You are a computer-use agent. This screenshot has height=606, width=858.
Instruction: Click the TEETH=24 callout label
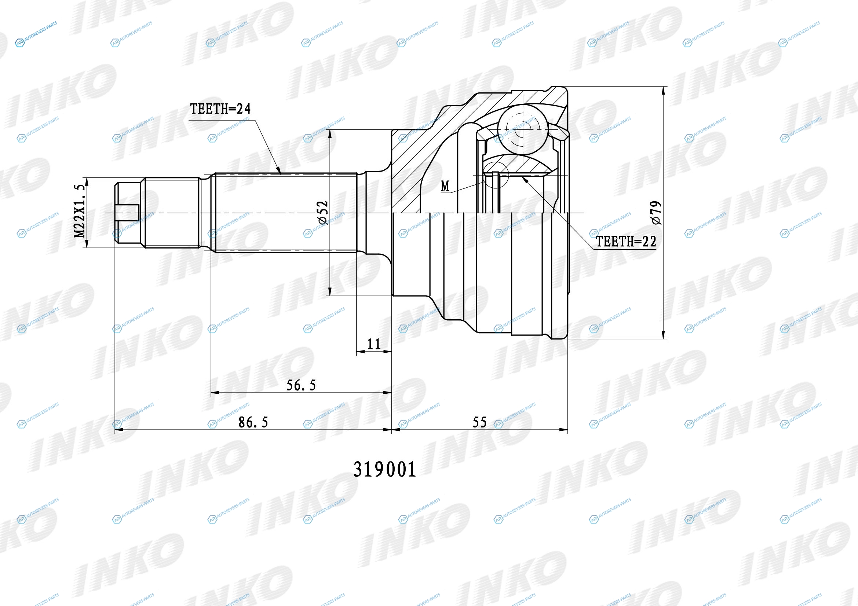[220, 109]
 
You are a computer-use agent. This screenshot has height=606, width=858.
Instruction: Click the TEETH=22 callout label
[626, 242]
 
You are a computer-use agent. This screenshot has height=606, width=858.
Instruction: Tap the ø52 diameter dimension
[323, 213]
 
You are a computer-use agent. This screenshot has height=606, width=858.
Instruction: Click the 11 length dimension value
[374, 344]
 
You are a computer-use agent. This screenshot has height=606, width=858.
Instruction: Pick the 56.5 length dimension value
[301, 385]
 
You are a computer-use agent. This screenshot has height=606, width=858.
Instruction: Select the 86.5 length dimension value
[253, 422]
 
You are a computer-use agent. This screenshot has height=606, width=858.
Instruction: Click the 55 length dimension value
[479, 422]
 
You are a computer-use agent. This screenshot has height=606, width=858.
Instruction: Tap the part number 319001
[384, 469]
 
